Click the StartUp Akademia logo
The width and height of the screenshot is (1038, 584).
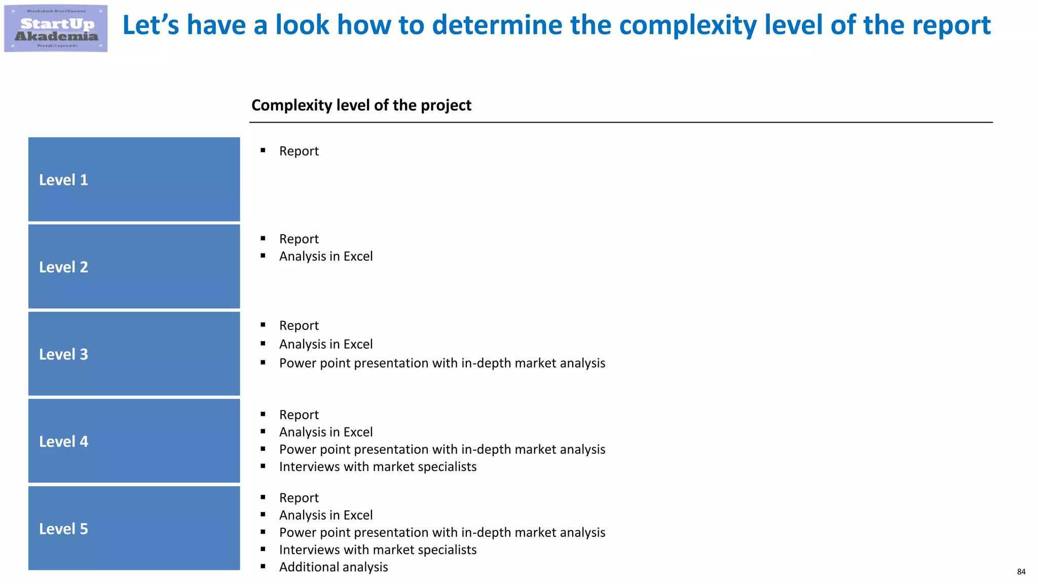[x=56, y=28]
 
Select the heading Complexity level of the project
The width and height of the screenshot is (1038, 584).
[x=361, y=105]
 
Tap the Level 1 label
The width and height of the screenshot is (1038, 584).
[x=63, y=180]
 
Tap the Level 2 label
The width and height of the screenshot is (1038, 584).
[x=63, y=267]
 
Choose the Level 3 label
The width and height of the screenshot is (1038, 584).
[x=63, y=354]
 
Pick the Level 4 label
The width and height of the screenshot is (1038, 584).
[x=63, y=442]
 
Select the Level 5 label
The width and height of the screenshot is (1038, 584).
[x=63, y=529]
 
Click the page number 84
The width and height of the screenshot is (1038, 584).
[x=1021, y=572]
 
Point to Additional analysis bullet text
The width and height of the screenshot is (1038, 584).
[x=333, y=567]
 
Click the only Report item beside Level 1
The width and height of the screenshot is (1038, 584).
[x=299, y=151]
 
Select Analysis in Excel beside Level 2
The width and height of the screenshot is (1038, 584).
[x=325, y=256]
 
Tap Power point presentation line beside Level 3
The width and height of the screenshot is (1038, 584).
[x=442, y=363]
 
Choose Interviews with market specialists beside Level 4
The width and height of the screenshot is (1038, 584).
[x=378, y=466]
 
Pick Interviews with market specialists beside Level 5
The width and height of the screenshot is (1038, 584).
[x=378, y=550]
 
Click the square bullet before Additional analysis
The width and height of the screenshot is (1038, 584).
[x=263, y=566]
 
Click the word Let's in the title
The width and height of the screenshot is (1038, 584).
[x=151, y=25]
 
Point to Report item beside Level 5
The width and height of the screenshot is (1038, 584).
[x=299, y=498]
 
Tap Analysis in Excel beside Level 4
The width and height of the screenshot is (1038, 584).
[x=325, y=432]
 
